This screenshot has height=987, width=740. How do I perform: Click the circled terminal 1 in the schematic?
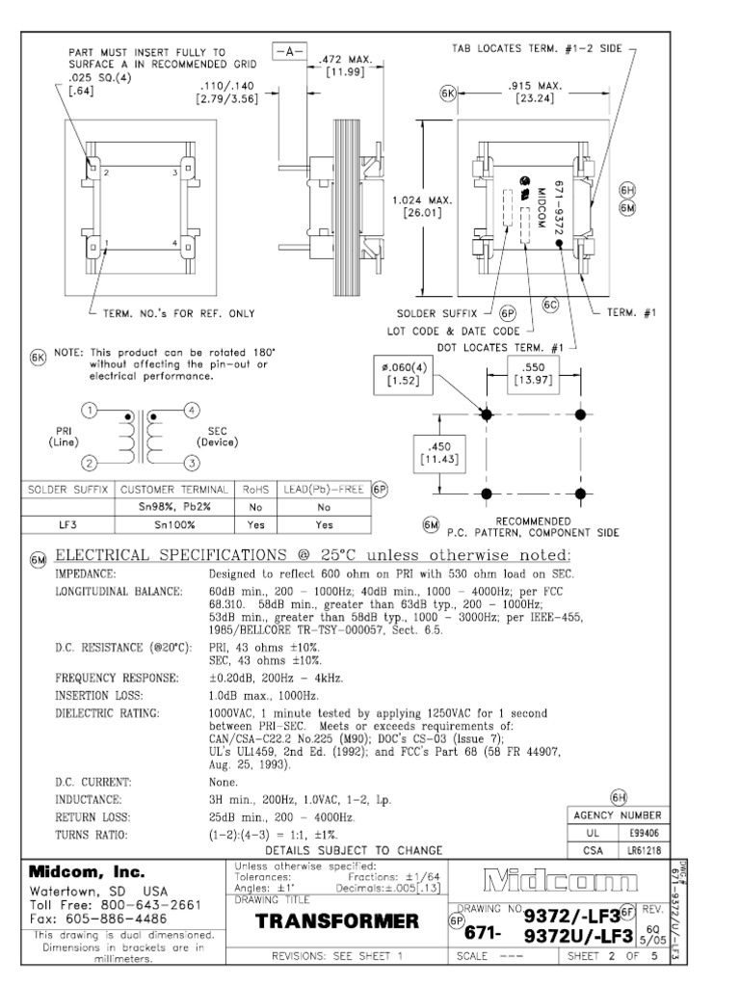(x=90, y=410)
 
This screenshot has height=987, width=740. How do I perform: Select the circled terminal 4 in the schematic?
(x=192, y=410)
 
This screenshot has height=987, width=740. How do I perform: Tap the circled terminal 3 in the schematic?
(x=192, y=464)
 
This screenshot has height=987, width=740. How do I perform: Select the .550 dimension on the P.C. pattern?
(x=532, y=372)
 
